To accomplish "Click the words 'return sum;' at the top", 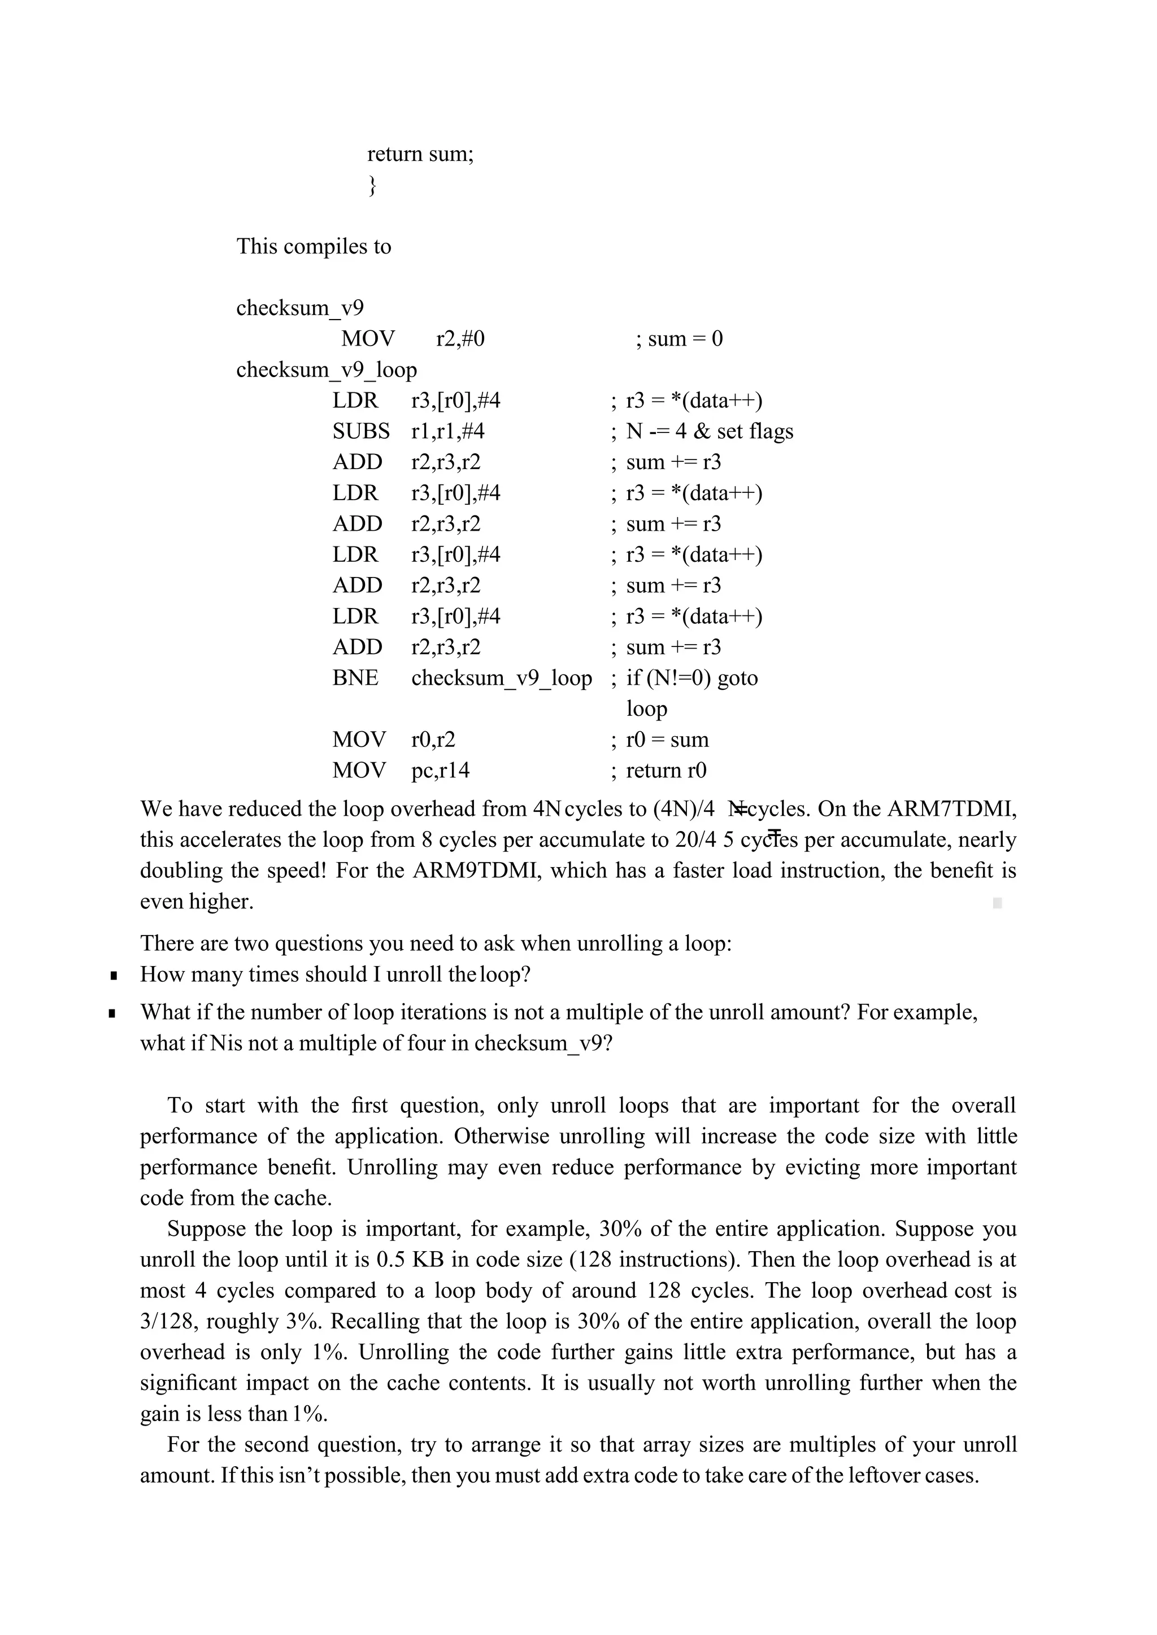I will [420, 154].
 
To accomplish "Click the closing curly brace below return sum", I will [371, 186].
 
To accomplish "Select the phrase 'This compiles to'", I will [314, 246].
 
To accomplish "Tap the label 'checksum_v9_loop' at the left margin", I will [327, 370].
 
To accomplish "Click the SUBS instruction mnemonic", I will [360, 431].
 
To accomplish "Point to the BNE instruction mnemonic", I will [355, 677].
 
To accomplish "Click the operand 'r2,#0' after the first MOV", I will [460, 338].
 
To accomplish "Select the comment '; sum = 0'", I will [678, 338].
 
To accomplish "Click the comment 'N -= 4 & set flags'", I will [709, 431].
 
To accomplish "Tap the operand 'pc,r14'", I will [440, 770].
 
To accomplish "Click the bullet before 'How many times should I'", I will [114, 975].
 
